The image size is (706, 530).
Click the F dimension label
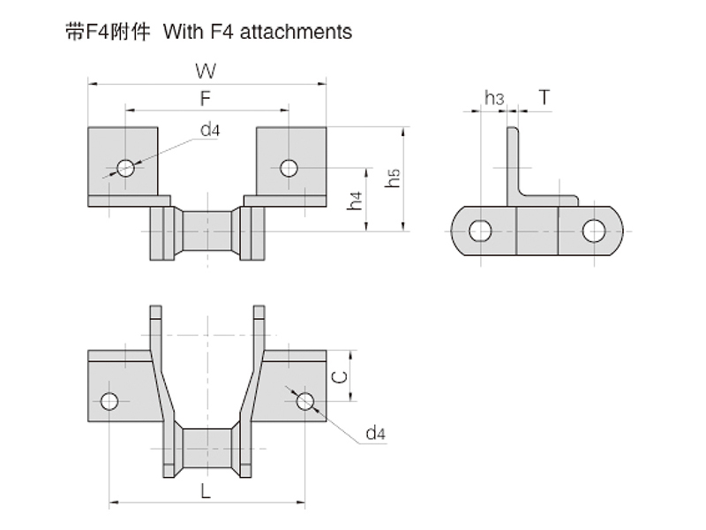(x=205, y=97)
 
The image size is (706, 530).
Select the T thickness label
(x=545, y=97)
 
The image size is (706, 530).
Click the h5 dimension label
(x=394, y=177)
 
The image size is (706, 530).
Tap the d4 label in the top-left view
(x=209, y=131)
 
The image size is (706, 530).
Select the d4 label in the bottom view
(x=375, y=433)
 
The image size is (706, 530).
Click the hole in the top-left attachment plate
(x=125, y=167)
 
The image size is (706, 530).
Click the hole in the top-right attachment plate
(x=287, y=167)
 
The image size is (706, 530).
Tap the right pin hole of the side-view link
(x=593, y=231)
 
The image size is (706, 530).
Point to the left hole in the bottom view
(x=109, y=401)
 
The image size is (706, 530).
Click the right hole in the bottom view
(x=305, y=401)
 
